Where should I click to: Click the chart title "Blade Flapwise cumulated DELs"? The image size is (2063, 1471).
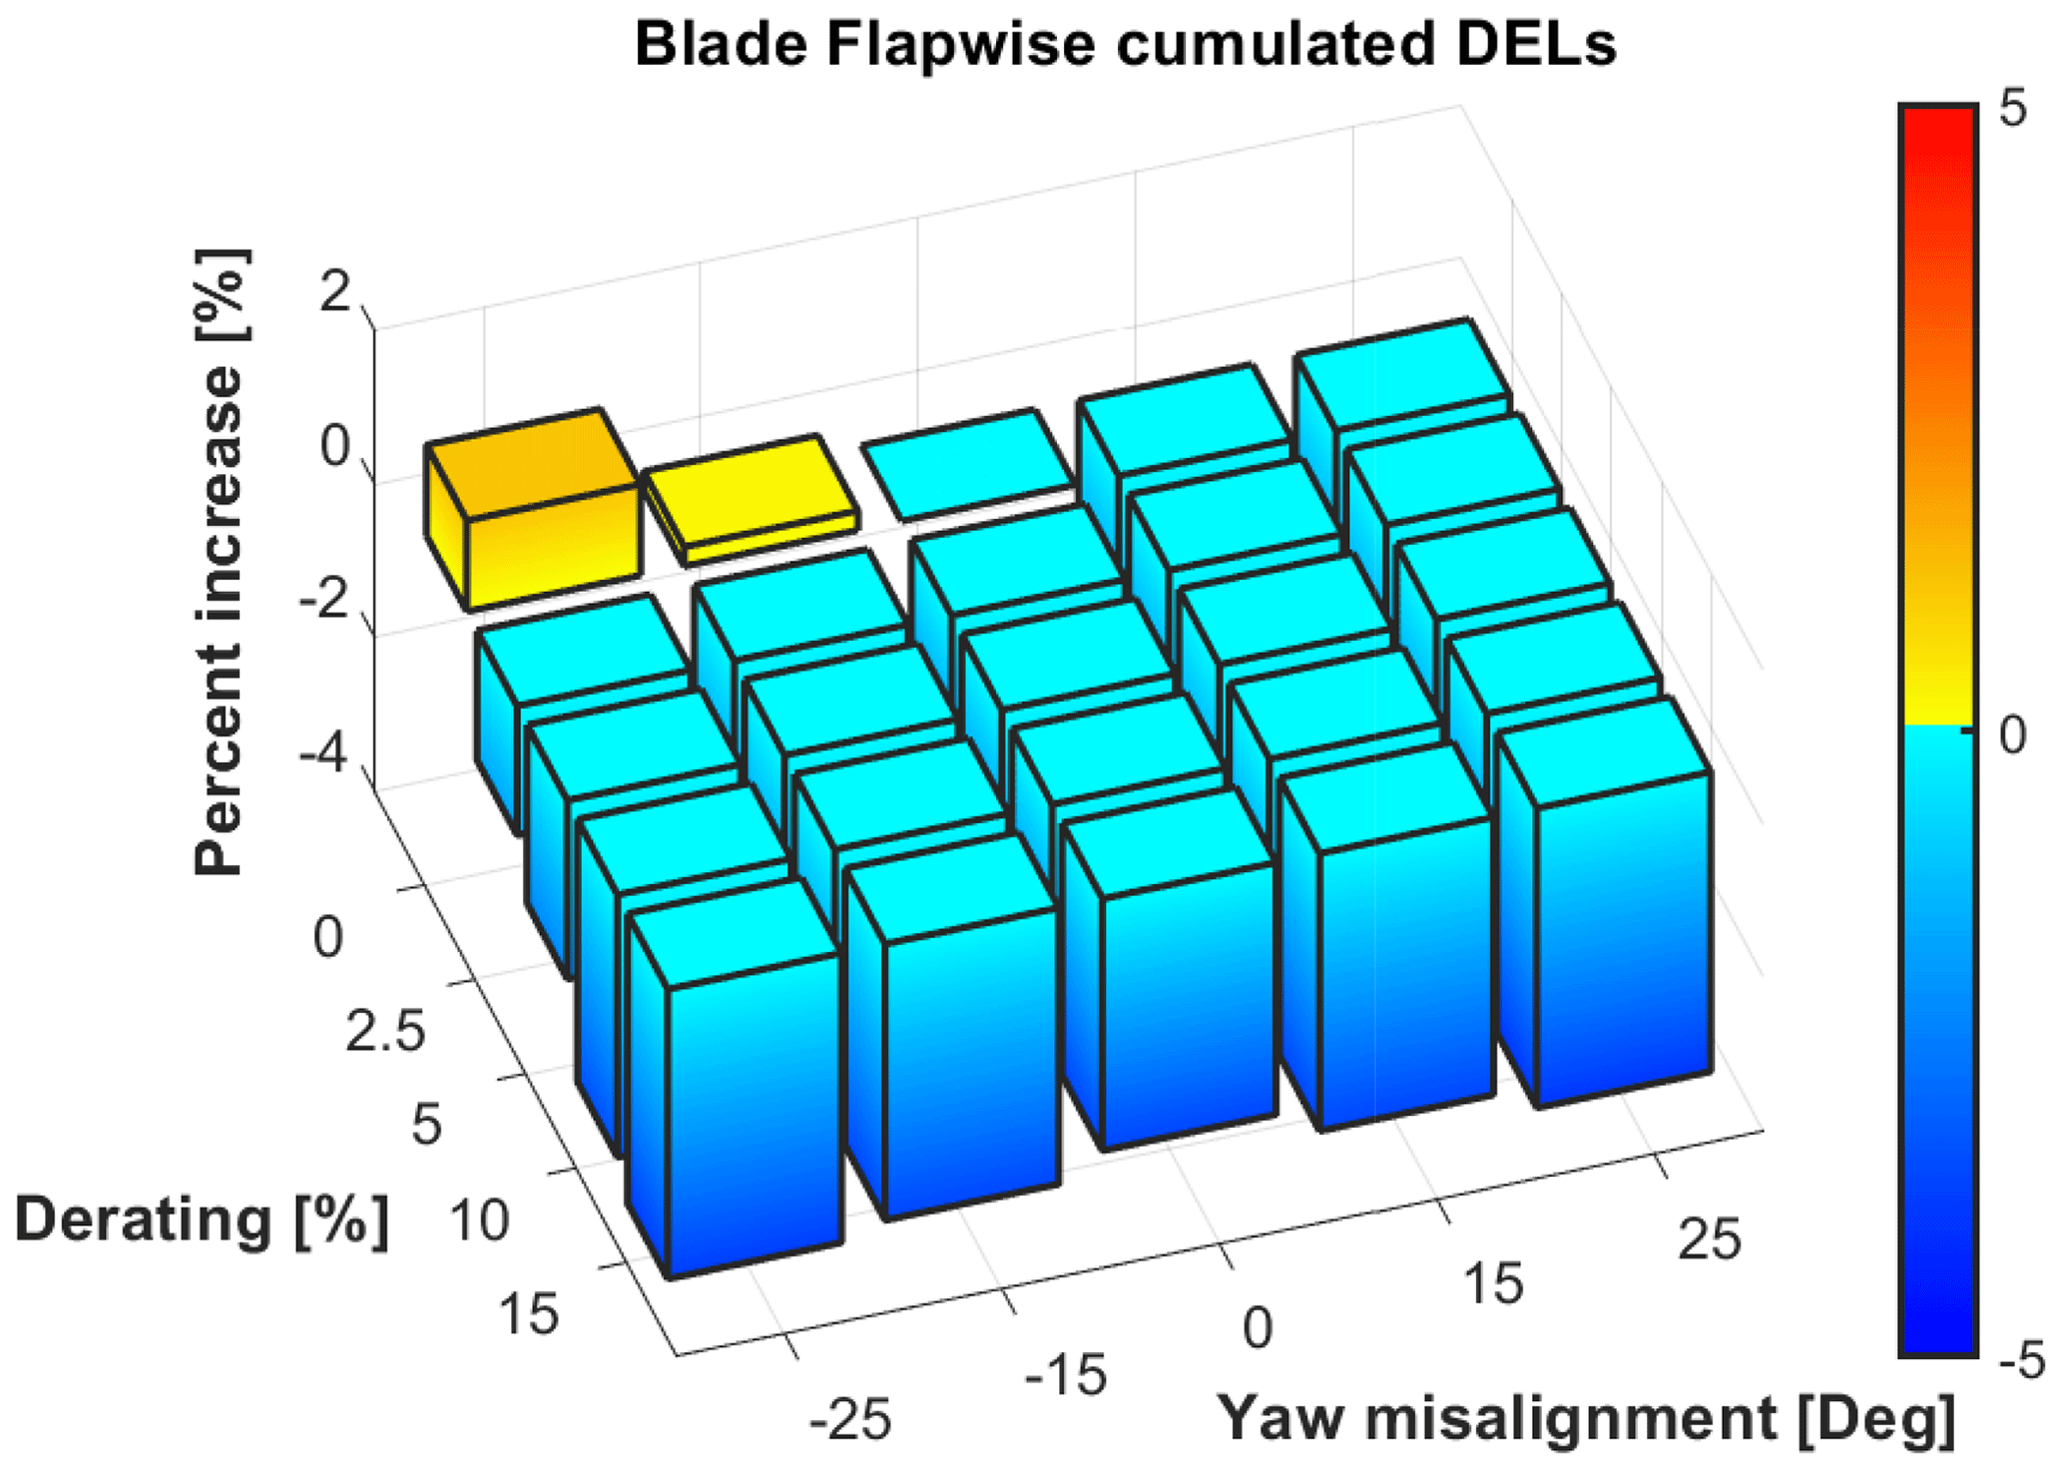click(1125, 44)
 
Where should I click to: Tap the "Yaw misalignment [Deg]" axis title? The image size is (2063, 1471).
click(1587, 1417)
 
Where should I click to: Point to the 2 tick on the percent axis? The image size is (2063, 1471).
click(333, 294)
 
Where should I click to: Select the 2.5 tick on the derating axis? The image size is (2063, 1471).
click(384, 1031)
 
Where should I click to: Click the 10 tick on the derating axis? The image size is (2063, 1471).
click(479, 1221)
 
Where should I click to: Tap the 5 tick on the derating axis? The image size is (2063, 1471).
click(426, 1125)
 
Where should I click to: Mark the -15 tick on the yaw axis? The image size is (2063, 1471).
click(1066, 1375)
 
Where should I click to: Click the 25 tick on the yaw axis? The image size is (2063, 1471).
click(1710, 1239)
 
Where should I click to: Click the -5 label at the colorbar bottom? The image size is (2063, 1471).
click(2022, 1361)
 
